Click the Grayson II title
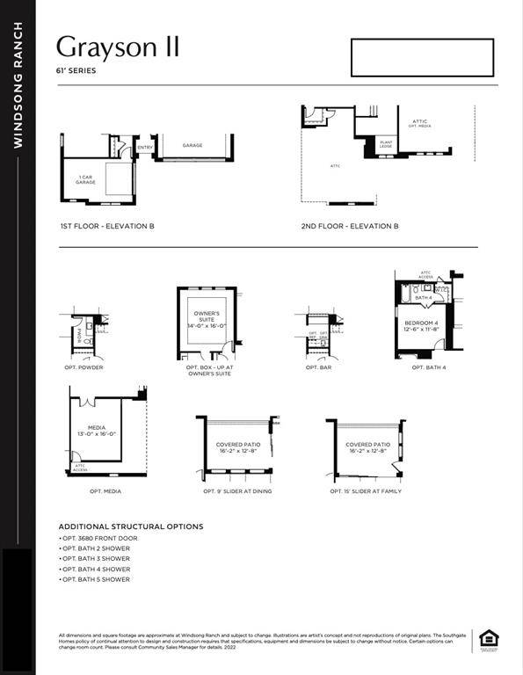tap(117, 47)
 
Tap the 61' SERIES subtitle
tap(77, 71)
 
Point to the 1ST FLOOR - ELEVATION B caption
tap(107, 226)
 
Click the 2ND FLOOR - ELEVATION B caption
tap(349, 226)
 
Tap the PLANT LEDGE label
tap(386, 142)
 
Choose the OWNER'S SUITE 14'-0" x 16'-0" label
tap(207, 319)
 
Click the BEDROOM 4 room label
tap(421, 326)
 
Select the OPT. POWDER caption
tap(84, 367)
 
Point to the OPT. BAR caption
tap(317, 367)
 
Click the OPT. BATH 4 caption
tap(429, 367)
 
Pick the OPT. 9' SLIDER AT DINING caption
tap(237, 491)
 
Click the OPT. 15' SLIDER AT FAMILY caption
tap(366, 491)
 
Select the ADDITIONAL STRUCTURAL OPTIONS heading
tap(131, 526)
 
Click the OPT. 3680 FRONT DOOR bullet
tap(99, 538)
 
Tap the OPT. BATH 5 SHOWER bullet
tap(96, 580)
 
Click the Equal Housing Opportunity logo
tap(484, 641)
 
